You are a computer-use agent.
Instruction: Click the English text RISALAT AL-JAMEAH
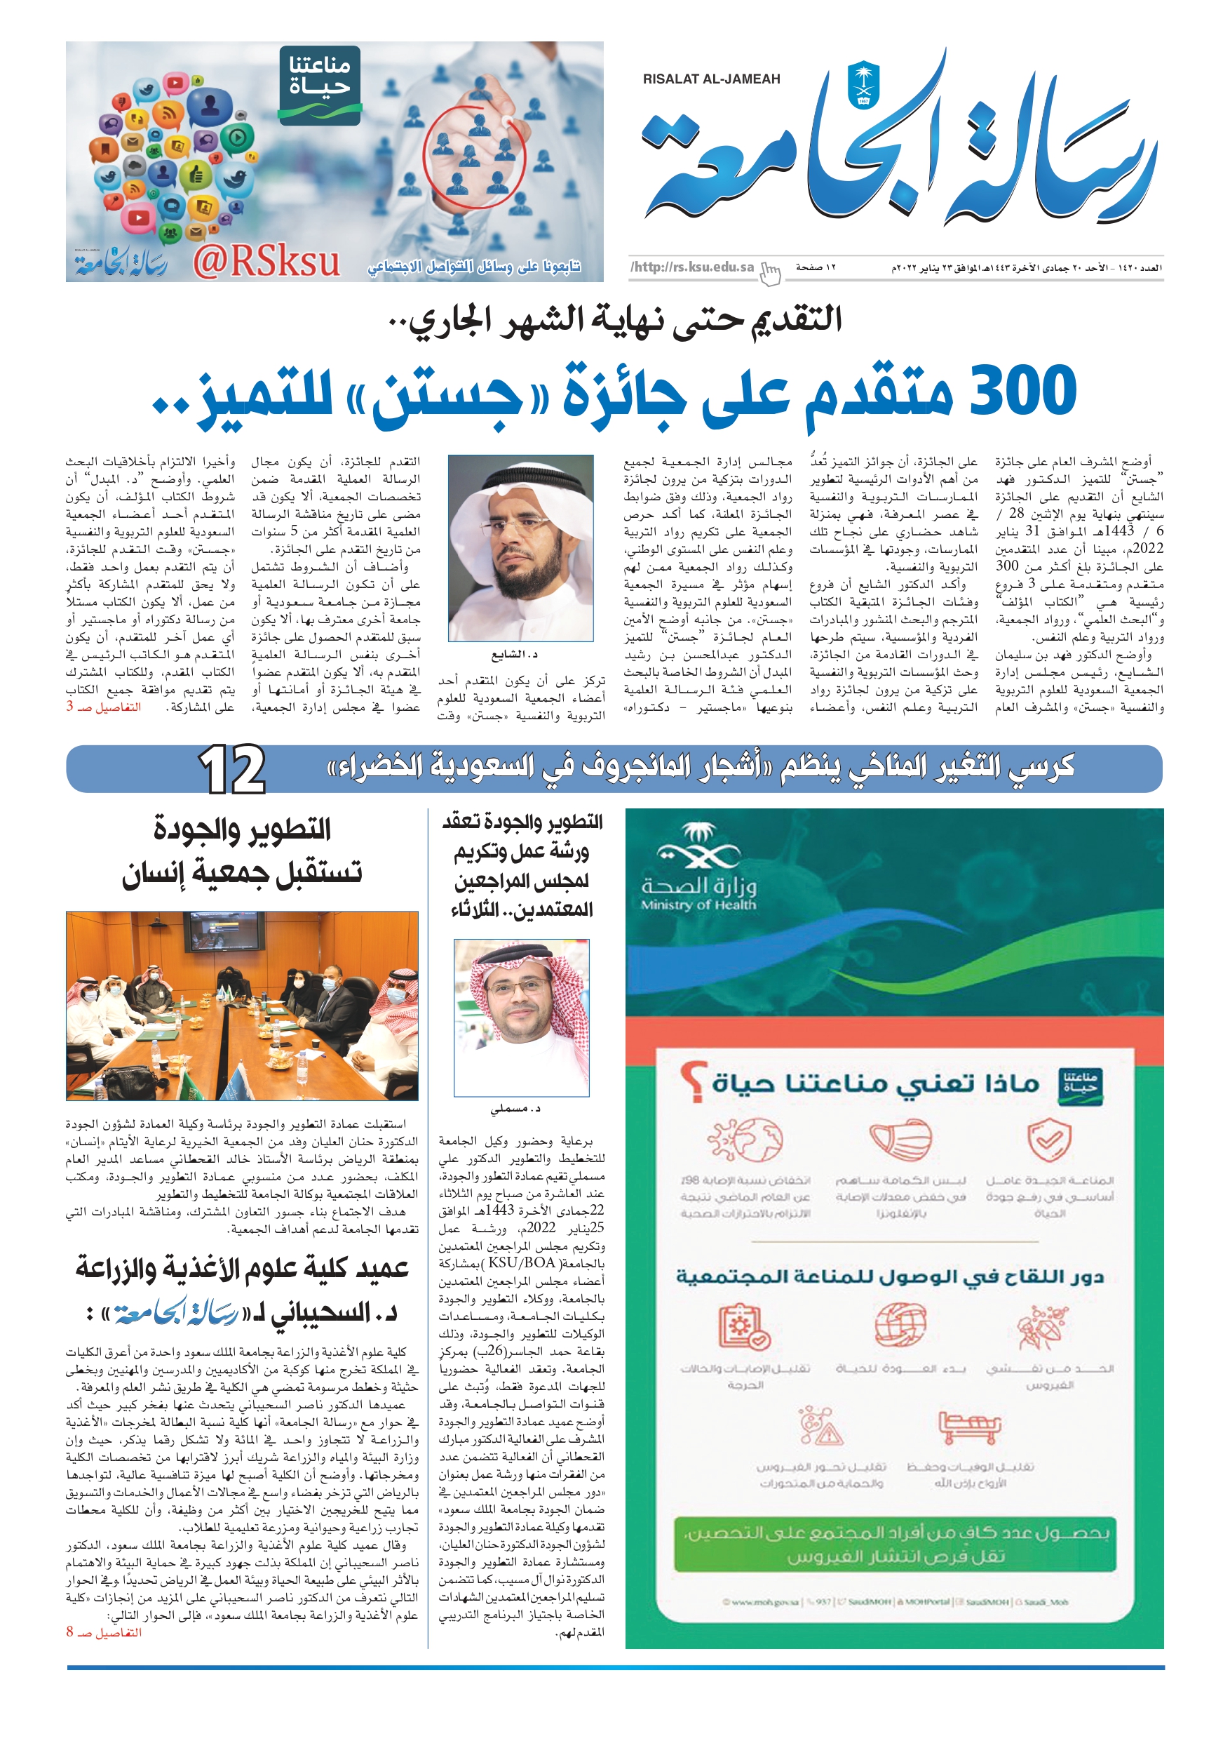(711, 79)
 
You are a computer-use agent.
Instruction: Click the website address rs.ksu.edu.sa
(692, 267)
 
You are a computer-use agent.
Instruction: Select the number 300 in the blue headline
(1022, 389)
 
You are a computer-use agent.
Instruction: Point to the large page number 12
(232, 770)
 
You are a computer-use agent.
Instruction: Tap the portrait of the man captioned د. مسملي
(522, 1017)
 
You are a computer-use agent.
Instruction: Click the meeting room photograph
(242, 1006)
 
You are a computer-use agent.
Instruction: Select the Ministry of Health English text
(698, 905)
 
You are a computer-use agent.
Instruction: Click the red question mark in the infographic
(691, 1082)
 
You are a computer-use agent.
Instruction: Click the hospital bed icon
(969, 1427)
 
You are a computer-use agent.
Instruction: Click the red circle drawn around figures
(473, 151)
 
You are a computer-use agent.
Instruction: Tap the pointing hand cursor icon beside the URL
(770, 273)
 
